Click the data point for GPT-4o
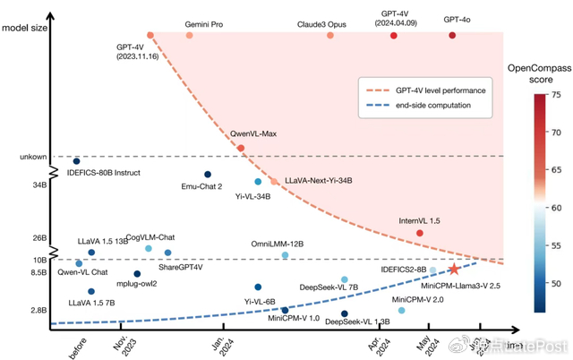point(452,35)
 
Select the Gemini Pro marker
point(189,35)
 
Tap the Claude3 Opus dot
point(330,35)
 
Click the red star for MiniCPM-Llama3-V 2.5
point(455,269)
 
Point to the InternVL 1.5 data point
point(420,233)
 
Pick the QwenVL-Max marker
point(240,148)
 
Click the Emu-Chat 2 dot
point(208,174)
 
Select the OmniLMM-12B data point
point(286,255)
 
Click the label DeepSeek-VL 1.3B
point(356,321)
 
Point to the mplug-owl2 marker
point(137,273)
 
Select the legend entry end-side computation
point(423,106)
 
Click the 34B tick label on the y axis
point(38,185)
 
